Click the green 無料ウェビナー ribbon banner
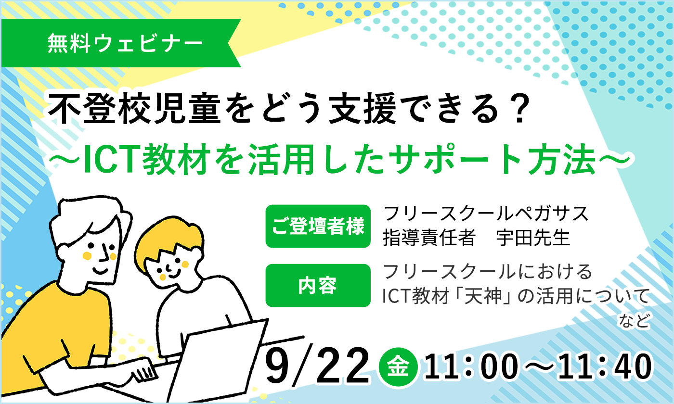coord(120,44)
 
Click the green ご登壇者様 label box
coord(318,227)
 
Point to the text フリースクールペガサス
coord(486,214)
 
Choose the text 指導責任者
coord(428,238)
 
